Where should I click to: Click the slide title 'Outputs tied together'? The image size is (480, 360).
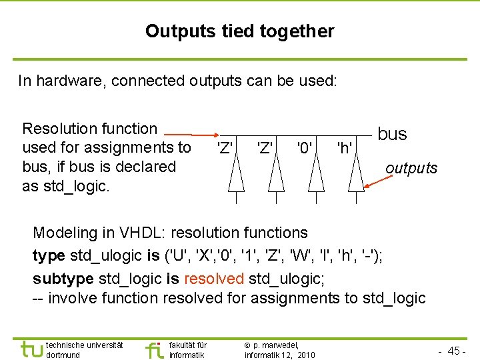tap(239, 31)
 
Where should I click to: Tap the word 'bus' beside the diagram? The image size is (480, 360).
tap(392, 134)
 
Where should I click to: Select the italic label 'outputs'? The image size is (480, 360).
tap(411, 168)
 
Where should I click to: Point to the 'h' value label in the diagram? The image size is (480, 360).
tap(344, 146)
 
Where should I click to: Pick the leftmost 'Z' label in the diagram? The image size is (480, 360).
tap(224, 146)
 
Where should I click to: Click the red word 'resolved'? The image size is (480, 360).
tap(213, 277)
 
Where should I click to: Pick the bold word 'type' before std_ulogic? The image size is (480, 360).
tap(48, 255)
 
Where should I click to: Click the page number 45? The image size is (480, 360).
tap(455, 351)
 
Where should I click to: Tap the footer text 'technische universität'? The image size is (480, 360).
tap(84, 345)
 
